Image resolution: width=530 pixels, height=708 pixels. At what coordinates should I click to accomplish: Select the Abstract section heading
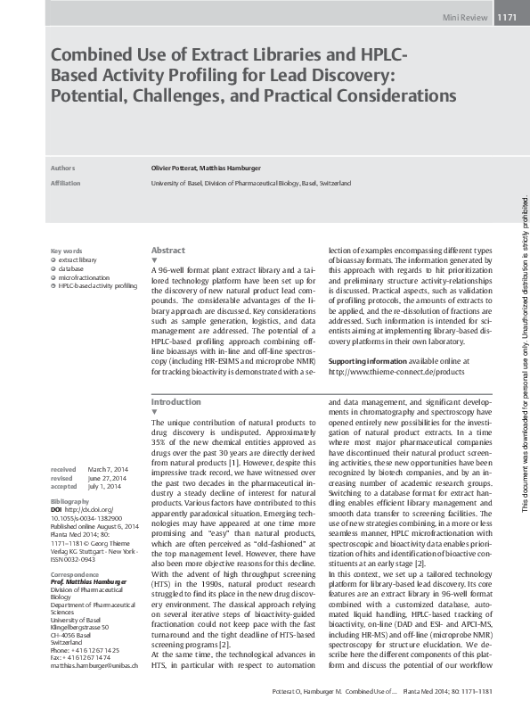[168, 251]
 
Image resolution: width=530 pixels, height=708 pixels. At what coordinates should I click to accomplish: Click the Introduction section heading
[176, 402]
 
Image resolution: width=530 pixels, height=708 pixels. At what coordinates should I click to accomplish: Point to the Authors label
[63, 168]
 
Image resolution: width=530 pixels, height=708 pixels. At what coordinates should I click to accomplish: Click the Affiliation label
[66, 183]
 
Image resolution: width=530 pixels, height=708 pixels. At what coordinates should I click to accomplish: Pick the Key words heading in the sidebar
[67, 251]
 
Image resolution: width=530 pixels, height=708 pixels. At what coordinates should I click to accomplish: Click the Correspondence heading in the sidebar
[76, 564]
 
